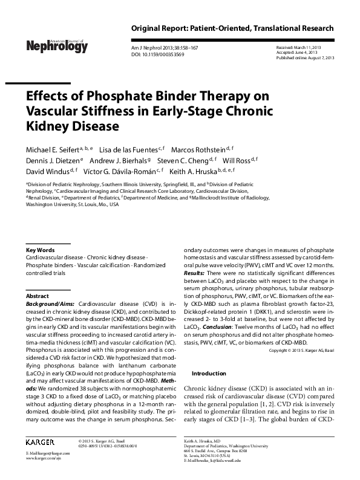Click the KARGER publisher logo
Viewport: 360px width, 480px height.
click(46, 443)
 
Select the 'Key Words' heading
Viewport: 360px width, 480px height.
click(41, 250)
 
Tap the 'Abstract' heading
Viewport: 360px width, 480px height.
click(38, 296)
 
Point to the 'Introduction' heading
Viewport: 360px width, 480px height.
click(209, 374)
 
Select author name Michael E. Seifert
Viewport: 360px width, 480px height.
click(52, 149)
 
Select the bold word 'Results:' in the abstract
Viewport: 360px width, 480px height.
click(196, 274)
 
